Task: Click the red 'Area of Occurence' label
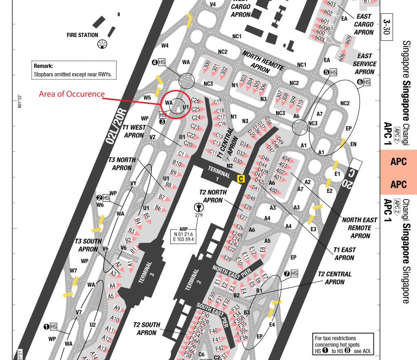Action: pyautogui.click(x=72, y=94)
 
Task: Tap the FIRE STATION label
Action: pyautogui.click(x=83, y=35)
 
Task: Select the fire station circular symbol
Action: pyautogui.click(x=102, y=44)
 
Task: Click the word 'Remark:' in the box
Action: pyautogui.click(x=44, y=66)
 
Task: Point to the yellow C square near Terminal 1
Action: pyautogui.click(x=241, y=178)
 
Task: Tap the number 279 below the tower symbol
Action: pyautogui.click(x=199, y=215)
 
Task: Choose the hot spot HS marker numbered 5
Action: pyautogui.click(x=330, y=72)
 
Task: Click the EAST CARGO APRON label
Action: pyautogui.click(x=364, y=24)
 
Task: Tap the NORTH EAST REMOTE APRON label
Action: pyautogui.click(x=360, y=228)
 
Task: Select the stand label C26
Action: pyautogui.click(x=195, y=100)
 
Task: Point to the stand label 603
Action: pyautogui.click(x=331, y=4)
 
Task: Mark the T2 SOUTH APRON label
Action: pyautogui.click(x=147, y=329)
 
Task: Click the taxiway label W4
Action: pyautogui.click(x=165, y=46)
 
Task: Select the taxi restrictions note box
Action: pyautogui.click(x=343, y=345)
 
